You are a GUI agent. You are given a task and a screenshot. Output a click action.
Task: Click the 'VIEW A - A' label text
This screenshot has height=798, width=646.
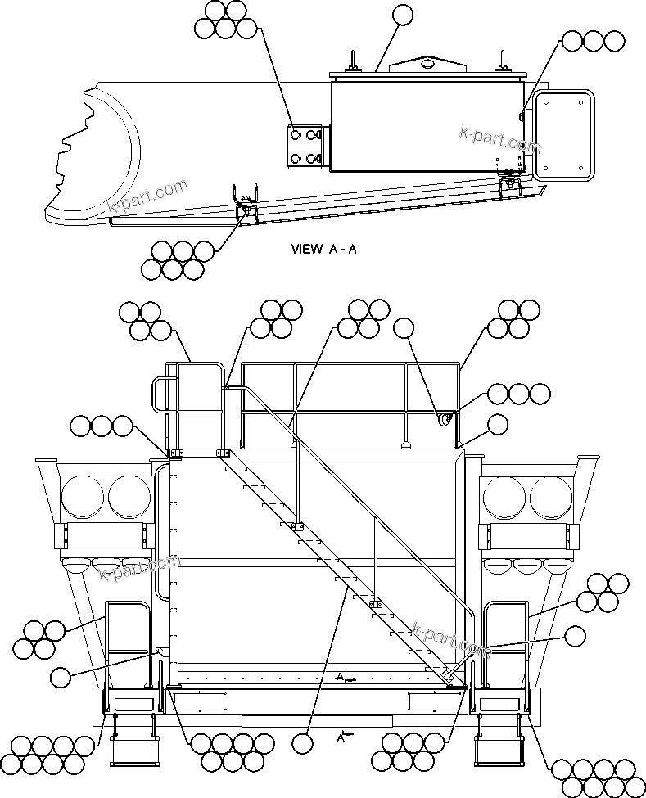(x=323, y=250)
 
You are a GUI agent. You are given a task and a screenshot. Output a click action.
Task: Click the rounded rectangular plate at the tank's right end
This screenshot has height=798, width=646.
(x=562, y=134)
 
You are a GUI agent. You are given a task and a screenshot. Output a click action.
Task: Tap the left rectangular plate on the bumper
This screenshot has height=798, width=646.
(x=199, y=701)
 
